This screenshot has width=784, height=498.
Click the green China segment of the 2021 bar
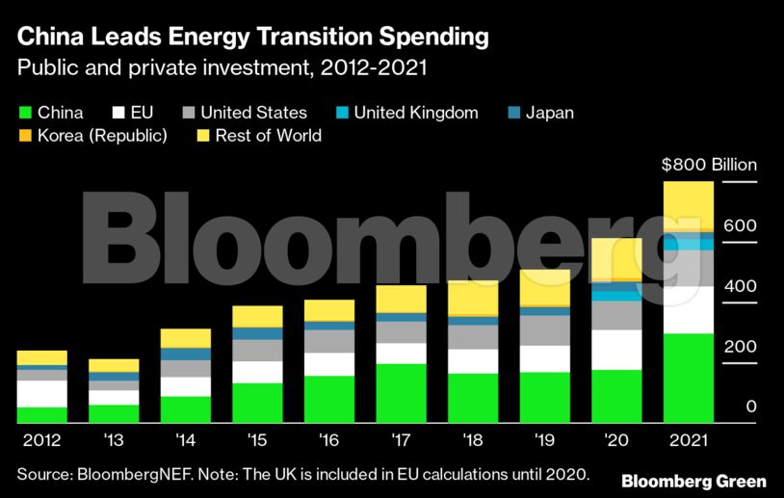click(689, 378)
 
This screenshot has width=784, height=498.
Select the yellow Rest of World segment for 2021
click(689, 205)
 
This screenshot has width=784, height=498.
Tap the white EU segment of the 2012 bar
click(42, 393)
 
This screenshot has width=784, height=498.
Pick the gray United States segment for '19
click(545, 329)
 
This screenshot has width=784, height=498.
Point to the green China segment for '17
click(402, 393)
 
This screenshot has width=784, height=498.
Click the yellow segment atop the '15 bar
click(258, 316)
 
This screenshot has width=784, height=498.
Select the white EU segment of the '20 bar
click(616, 350)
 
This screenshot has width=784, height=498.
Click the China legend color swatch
click(25, 113)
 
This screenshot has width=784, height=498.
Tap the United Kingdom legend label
click(416, 113)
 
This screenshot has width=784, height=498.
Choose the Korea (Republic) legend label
click(102, 136)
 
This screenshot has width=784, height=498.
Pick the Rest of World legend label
click(269, 136)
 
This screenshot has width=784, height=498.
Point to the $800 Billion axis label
click(709, 165)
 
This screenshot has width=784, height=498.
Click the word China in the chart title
click(50, 39)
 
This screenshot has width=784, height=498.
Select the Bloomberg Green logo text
click(693, 481)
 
